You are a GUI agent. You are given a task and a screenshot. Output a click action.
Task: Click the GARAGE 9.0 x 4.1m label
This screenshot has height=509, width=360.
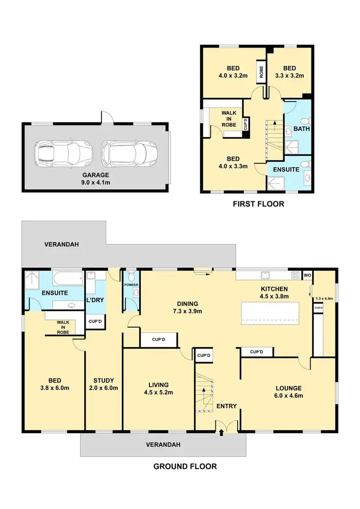96,179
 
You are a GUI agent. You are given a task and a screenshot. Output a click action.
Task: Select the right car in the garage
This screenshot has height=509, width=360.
129,153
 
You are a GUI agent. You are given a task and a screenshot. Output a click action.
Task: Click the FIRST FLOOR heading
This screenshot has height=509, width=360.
258,204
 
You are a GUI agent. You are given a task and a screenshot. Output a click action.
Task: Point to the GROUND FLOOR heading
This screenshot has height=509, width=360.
185,466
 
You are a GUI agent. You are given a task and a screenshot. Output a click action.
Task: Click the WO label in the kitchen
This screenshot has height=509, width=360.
307,276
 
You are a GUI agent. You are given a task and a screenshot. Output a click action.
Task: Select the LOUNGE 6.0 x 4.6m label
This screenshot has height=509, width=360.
288,392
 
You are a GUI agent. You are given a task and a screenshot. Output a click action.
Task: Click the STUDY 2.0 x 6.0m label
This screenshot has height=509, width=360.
103,384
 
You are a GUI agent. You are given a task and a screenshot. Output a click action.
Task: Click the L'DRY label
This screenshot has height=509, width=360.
95,300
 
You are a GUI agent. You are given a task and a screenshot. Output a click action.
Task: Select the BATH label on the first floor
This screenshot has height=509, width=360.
301,129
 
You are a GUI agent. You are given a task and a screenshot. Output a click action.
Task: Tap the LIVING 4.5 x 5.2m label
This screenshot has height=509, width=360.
158,388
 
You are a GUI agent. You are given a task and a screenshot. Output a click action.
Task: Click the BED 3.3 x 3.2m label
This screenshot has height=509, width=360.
290,72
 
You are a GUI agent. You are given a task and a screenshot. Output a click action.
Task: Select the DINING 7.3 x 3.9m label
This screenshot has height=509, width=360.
187,308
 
